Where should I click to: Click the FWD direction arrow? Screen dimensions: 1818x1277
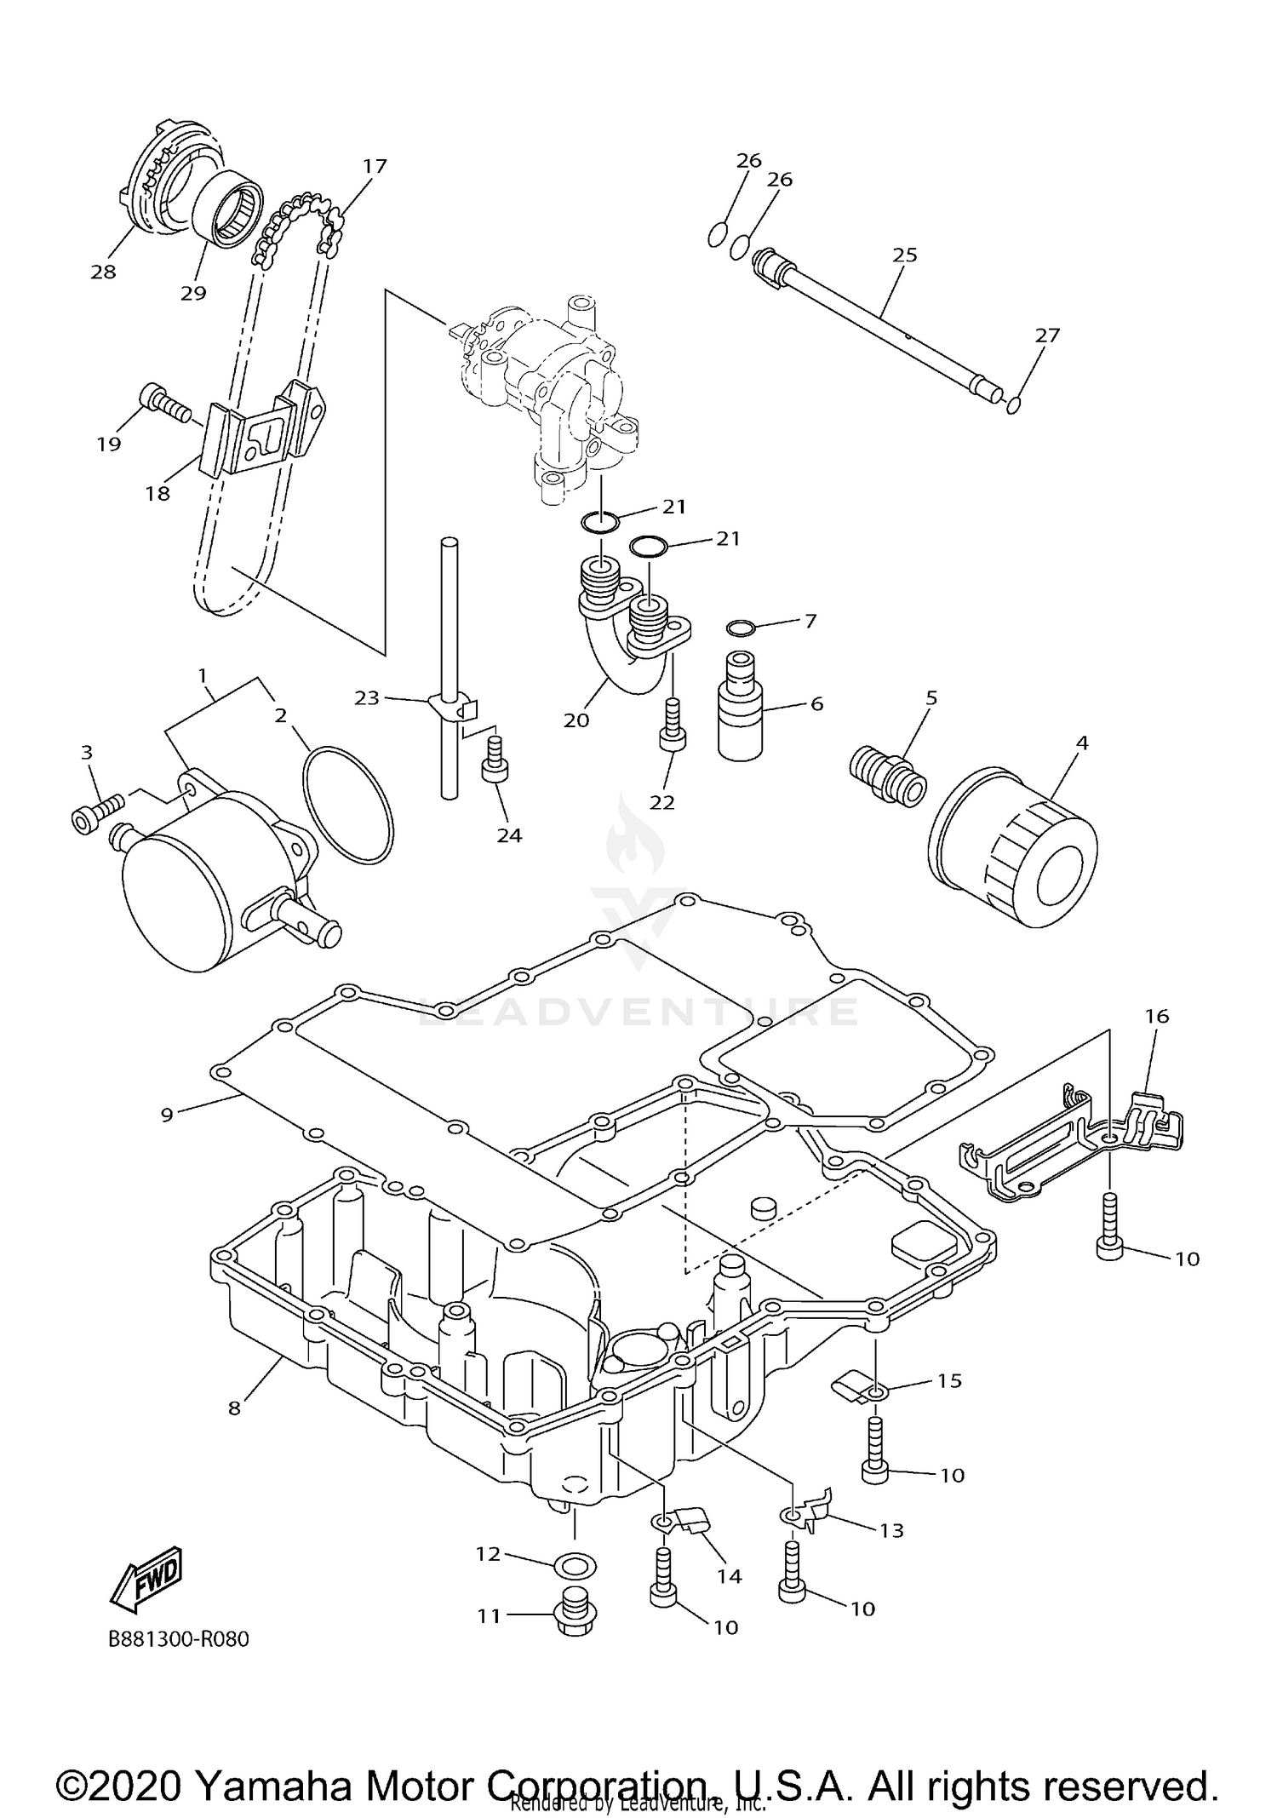tap(146, 1575)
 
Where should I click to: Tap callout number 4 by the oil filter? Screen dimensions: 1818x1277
tap(1081, 743)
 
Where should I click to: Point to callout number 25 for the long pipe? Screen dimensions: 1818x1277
tap(904, 255)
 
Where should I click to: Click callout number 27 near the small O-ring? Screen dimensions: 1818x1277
tap(1046, 335)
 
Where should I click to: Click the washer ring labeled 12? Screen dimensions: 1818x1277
tap(575, 1565)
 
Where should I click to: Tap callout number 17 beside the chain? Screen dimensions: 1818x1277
tap(375, 165)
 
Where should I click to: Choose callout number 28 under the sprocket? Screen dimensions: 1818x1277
tap(103, 272)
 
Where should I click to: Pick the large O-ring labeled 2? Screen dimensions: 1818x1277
tap(348, 805)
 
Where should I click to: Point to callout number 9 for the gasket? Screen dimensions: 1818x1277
tap(167, 1114)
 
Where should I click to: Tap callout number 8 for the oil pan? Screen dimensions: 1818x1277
tap(235, 1408)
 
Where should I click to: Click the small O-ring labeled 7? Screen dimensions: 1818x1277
tap(742, 628)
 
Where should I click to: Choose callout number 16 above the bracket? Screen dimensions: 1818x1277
tap(1157, 1016)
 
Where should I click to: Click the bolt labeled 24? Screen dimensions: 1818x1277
tap(495, 767)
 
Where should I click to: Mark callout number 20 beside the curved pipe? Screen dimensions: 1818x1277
tap(576, 720)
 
